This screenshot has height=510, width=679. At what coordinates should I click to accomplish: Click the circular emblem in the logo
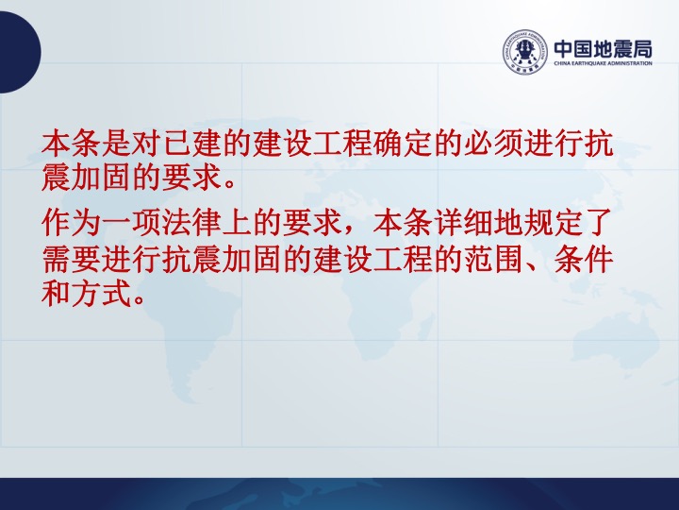pyautogui.click(x=524, y=52)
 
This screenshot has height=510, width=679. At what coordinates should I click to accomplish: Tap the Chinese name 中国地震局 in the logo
pyautogui.click(x=603, y=49)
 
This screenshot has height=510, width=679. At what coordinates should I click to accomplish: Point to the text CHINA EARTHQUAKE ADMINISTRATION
pyautogui.click(x=603, y=63)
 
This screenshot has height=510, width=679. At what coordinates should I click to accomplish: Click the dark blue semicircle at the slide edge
pyautogui.click(x=20, y=52)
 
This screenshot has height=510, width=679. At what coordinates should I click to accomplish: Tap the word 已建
pyautogui.click(x=191, y=144)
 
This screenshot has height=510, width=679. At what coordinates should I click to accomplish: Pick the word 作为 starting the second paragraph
pyautogui.click(x=71, y=223)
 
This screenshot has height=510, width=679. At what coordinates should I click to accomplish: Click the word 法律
pyautogui.click(x=191, y=223)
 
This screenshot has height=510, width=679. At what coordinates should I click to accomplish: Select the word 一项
pyautogui.click(x=131, y=223)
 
